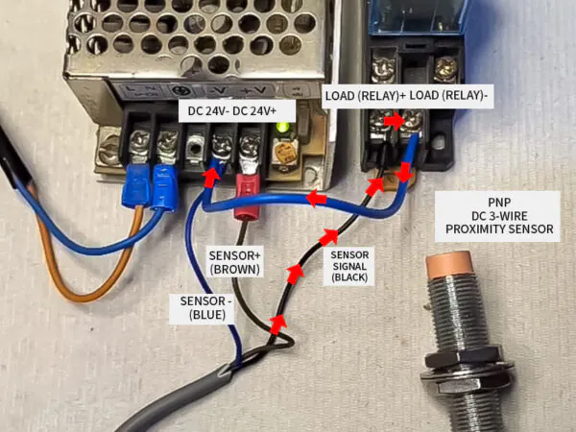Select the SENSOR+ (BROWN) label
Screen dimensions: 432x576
click(x=234, y=262)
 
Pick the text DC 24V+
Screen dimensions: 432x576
click(x=252, y=110)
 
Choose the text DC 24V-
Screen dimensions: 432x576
click(x=207, y=110)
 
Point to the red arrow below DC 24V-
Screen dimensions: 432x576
click(x=210, y=177)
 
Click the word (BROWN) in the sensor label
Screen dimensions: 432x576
click(x=234, y=270)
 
